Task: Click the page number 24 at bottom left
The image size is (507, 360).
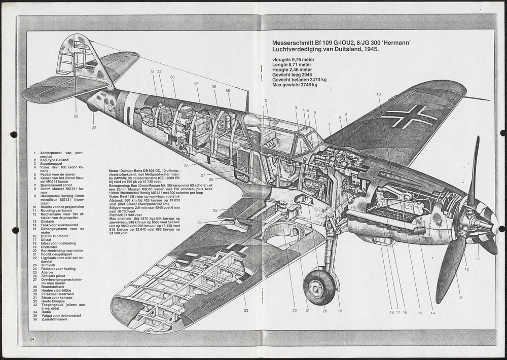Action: point(32,339)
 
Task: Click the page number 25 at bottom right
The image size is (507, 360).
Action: point(493,337)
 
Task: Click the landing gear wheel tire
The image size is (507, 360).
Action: point(320,287)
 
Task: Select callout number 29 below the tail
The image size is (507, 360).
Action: point(76,116)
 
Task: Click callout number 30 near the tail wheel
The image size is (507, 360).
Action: point(94,127)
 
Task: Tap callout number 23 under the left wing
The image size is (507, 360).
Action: point(245,310)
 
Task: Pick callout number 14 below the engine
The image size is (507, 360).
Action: point(432,313)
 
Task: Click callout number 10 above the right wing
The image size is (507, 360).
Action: point(379,95)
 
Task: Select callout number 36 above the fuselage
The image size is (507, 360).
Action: point(228,91)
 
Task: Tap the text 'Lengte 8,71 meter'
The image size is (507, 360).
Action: point(292,65)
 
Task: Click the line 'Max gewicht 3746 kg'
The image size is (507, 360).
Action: point(295,85)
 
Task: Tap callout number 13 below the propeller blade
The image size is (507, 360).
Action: point(460,298)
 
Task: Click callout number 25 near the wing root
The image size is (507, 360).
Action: point(215,210)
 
